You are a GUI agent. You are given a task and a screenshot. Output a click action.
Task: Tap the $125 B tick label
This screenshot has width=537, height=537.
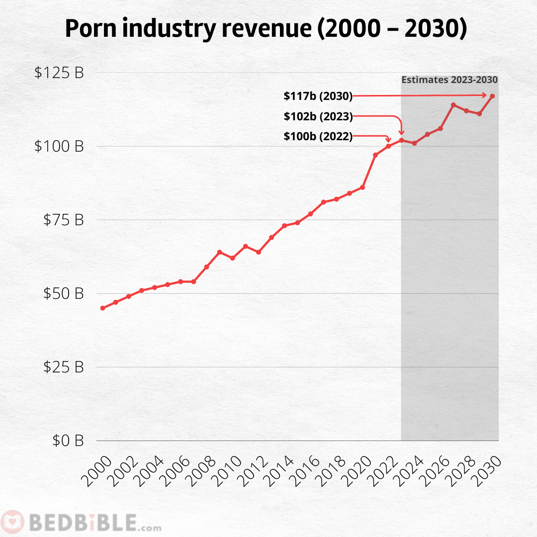[x=59, y=73]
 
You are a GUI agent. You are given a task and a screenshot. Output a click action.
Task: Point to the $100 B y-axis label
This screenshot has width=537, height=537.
[x=59, y=146]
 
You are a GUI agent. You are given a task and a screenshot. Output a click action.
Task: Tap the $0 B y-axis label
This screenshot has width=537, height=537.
[x=68, y=441]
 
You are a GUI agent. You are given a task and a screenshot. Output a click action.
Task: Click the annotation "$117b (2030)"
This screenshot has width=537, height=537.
[x=318, y=96]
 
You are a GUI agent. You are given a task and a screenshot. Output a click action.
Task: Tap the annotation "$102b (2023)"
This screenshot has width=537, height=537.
[x=318, y=117]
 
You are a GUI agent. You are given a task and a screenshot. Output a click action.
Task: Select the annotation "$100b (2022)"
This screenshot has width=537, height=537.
[x=318, y=137]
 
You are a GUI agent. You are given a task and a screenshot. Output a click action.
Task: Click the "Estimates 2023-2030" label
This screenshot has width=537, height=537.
[x=449, y=80]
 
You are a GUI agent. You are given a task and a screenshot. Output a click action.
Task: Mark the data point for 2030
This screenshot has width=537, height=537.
[x=492, y=96]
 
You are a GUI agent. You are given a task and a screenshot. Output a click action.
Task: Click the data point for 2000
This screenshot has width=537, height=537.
[x=102, y=308]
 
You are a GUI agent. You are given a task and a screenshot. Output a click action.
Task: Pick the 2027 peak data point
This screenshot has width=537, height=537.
[x=453, y=105]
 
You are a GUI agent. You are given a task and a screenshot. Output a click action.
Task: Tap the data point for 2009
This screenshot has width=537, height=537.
[x=219, y=252]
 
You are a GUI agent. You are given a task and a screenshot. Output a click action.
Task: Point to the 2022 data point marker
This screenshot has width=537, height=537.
[x=388, y=146]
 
